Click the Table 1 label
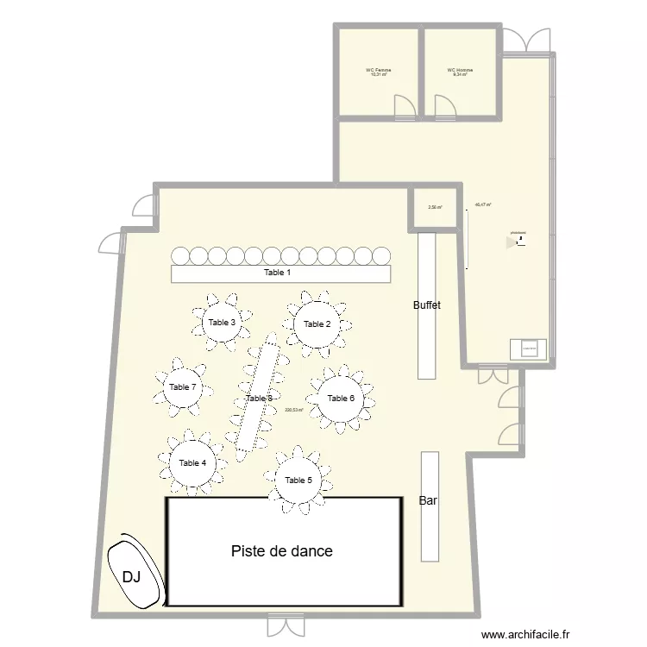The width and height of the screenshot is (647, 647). (x=277, y=273)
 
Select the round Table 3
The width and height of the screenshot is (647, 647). (x=222, y=322)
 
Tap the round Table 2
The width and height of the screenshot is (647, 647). (x=317, y=324)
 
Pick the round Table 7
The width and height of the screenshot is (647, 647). (x=183, y=387)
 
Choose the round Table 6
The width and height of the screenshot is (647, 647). (x=341, y=398)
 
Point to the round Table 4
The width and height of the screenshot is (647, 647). (x=192, y=463)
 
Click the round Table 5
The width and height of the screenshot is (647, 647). (x=298, y=480)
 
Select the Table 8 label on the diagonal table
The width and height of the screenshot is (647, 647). (x=259, y=399)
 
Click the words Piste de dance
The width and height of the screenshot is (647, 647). (x=281, y=551)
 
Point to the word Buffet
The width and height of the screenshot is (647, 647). (x=427, y=305)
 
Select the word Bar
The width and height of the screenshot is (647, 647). (x=427, y=500)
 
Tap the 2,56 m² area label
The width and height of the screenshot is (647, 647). (x=435, y=207)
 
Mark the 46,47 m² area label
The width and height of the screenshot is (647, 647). (x=483, y=205)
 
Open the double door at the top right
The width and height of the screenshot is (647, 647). (x=526, y=39)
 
